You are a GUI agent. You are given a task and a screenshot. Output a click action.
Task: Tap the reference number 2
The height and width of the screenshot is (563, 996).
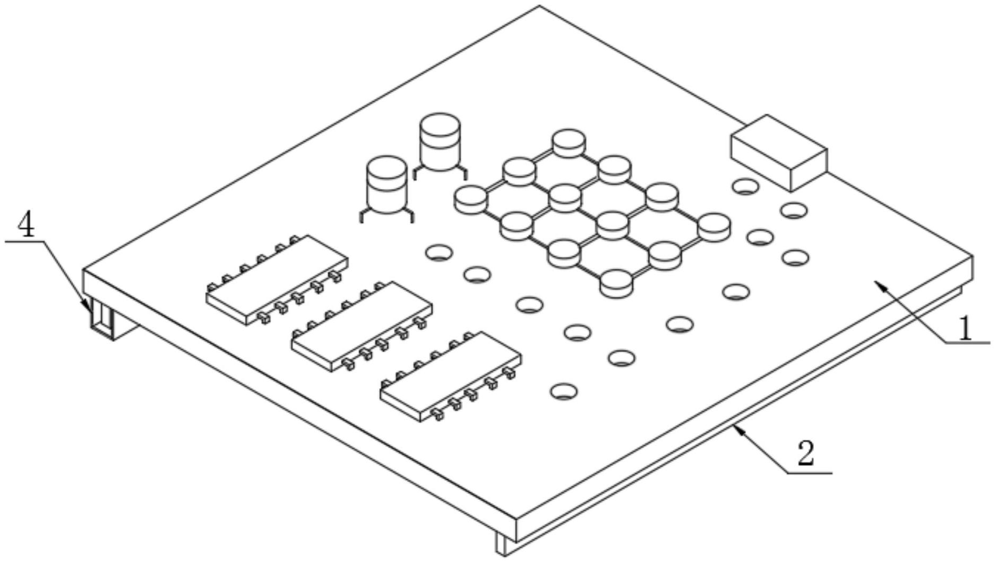pos(805,454)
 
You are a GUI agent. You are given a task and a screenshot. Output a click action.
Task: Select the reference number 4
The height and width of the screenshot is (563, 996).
pos(26,224)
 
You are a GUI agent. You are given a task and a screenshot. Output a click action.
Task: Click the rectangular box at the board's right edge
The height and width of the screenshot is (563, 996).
pos(779,152)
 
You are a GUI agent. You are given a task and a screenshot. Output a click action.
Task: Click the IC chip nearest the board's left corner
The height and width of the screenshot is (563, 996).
pos(277,280)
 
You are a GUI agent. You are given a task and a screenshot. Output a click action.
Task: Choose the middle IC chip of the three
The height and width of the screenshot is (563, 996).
pos(362,326)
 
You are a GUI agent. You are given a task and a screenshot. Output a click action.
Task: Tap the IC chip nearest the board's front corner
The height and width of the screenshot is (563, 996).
pos(450,376)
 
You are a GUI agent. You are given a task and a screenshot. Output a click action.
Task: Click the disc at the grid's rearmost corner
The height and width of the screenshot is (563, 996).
pos(569,143)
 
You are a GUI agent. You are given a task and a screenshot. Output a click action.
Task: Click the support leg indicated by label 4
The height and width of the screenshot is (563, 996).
pos(104,318)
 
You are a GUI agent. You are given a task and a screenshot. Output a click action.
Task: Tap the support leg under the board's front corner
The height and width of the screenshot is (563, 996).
pos(505,544)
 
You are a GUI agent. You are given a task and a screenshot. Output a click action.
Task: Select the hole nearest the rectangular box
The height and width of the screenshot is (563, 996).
pos(745,186)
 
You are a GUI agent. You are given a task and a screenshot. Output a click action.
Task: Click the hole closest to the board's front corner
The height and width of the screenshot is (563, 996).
pos(564,392)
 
